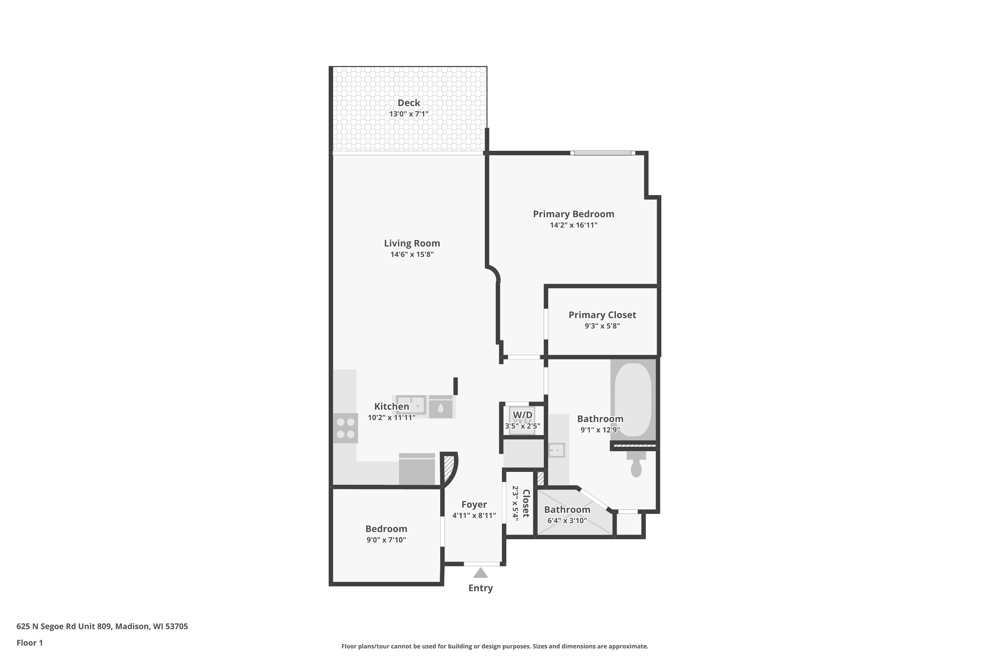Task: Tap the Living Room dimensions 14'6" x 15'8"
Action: coord(412,254)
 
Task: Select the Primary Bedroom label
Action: coord(573,214)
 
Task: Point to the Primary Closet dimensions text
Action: coord(602,326)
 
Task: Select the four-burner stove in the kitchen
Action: coord(345,428)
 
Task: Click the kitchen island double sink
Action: coord(411,405)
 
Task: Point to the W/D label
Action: coord(522,415)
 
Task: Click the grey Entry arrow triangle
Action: coord(480,573)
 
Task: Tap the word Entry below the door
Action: coord(480,588)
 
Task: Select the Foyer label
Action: coord(474,504)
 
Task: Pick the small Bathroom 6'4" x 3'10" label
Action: coord(567,509)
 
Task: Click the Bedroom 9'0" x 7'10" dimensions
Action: coord(386,540)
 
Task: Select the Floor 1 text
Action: coord(29,643)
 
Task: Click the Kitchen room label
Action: coord(391,406)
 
